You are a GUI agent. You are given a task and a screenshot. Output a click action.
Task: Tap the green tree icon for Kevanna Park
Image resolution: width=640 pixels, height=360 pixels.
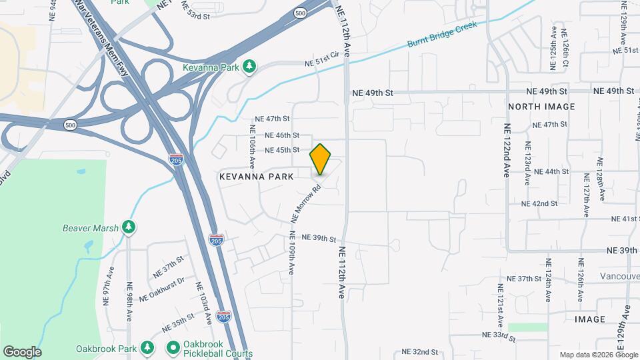tap(249, 67)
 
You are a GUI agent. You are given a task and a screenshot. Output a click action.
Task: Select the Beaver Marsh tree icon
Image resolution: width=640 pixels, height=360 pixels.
tap(129, 228)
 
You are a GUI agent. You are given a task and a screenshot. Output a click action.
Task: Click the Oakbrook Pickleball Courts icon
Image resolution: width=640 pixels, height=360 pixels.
tap(173, 348)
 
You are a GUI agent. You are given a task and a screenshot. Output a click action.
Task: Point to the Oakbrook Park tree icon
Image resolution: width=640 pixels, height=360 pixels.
tap(147, 348)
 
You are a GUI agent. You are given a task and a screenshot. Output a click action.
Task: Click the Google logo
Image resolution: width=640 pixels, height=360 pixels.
tap(22, 352)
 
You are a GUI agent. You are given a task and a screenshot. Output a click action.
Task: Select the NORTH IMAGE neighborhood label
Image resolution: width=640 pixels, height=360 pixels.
tap(541, 107)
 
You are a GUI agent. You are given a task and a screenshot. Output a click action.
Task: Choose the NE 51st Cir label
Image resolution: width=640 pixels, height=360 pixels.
tap(322, 62)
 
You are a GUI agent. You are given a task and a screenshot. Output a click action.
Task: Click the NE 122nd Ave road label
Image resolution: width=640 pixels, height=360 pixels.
tap(507, 151)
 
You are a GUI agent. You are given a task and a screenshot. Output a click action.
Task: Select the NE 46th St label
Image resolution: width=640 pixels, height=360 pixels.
tap(277, 135)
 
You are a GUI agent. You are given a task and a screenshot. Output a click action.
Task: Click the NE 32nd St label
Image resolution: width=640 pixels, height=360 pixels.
tap(419, 351)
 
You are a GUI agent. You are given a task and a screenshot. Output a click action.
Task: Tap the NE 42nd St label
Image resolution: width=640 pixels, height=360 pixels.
tap(539, 203)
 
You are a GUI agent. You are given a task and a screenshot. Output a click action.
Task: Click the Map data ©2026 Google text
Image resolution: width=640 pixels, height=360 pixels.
tap(597, 355)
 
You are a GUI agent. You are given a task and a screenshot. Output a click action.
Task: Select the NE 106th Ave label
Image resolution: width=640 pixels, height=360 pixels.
tap(253, 146)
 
